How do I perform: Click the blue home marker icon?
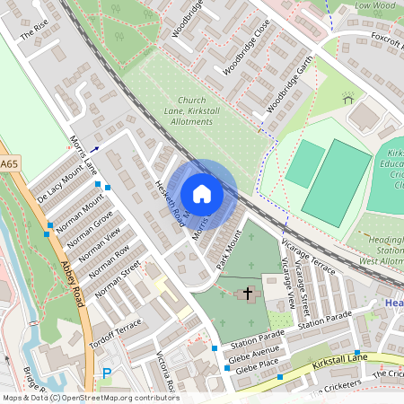tap(202, 194)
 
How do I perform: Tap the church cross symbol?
tap(249, 294)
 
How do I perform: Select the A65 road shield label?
tap(9, 164)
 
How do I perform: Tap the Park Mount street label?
tap(229, 250)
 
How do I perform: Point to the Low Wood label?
tap(375, 5)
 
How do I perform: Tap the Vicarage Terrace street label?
tap(308, 259)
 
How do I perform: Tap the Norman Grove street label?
tap(89, 232)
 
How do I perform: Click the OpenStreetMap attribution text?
tap(90, 398)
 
